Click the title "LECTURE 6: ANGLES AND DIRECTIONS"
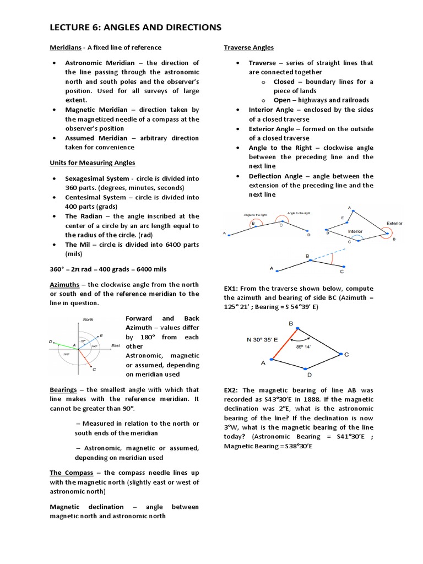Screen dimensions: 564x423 tap(135, 27)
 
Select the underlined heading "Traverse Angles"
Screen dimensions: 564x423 tap(248, 48)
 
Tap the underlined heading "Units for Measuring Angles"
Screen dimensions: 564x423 tap(93, 162)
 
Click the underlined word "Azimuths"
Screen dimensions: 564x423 tap(65, 284)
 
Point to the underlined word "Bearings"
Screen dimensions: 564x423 tap(63, 389)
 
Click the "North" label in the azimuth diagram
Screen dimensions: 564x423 tap(88, 319)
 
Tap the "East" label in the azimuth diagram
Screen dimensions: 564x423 tap(116, 345)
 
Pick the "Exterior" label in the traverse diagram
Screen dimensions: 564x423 tap(394, 223)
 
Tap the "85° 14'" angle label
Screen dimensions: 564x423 tap(303, 347)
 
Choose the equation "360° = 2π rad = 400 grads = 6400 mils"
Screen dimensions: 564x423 tap(108, 269)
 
